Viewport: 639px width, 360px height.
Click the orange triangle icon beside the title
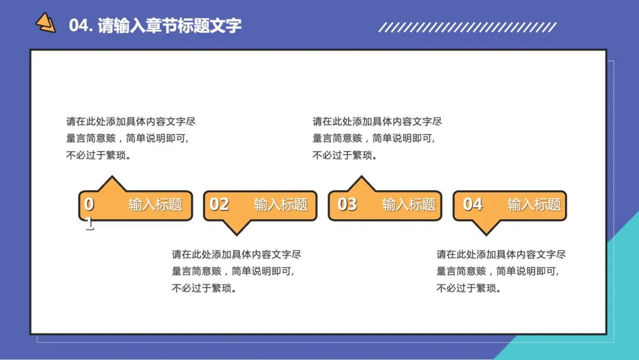pyautogui.click(x=45, y=23)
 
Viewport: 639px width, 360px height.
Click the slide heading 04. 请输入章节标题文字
pyautogui.click(x=155, y=26)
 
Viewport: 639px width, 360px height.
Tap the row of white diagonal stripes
pyautogui.click(x=467, y=27)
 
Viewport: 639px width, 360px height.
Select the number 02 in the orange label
pyautogui.click(x=219, y=204)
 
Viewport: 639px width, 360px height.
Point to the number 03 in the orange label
pyautogui.click(x=347, y=204)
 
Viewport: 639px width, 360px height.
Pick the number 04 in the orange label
pyautogui.click(x=473, y=204)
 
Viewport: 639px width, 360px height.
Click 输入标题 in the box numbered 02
pyautogui.click(x=280, y=205)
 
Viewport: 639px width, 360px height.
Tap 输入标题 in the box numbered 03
pyautogui.click(x=409, y=205)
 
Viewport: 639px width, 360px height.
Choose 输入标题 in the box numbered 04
pyautogui.click(x=534, y=205)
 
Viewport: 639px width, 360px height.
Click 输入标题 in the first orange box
pyautogui.click(x=156, y=205)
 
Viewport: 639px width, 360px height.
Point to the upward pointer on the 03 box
pyautogui.click(x=360, y=184)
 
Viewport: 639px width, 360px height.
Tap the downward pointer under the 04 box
pyautogui.click(x=485, y=227)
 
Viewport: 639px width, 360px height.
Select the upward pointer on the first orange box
pyautogui.click(x=111, y=184)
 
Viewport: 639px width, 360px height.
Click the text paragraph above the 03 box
pyautogui.click(x=377, y=139)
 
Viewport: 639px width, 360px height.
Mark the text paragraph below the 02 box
pyautogui.click(x=236, y=271)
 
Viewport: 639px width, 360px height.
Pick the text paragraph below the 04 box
pyautogui.click(x=501, y=271)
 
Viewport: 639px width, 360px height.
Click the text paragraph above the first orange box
pyautogui.click(x=130, y=139)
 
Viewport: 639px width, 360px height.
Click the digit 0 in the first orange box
pyautogui.click(x=89, y=204)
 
